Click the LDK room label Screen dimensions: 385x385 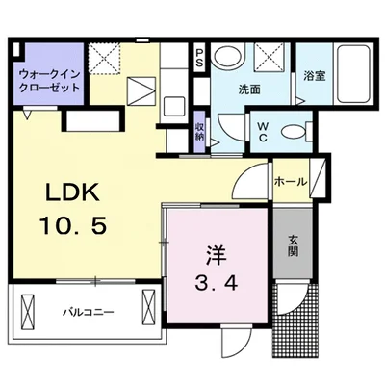[72, 192]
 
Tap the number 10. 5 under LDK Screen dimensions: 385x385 [72, 225]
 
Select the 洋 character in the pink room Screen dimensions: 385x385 [216, 255]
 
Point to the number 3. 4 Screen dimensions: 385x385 [216, 283]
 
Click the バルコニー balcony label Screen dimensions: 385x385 [88, 311]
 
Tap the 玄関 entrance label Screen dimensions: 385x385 [293, 246]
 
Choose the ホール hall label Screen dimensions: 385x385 [291, 182]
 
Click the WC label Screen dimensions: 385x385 [263, 132]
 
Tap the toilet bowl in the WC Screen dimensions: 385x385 [294, 131]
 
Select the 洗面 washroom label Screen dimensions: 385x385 [249, 90]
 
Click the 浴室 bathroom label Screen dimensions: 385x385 [315, 76]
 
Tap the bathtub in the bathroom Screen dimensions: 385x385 [353, 73]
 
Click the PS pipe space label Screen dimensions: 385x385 [199, 59]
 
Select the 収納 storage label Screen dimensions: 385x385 [199, 132]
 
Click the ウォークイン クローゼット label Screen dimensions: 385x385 [49, 80]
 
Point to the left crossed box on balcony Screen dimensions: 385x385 [27, 307]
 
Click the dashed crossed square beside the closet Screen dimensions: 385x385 [104, 59]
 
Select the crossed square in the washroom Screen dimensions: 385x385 [270, 57]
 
